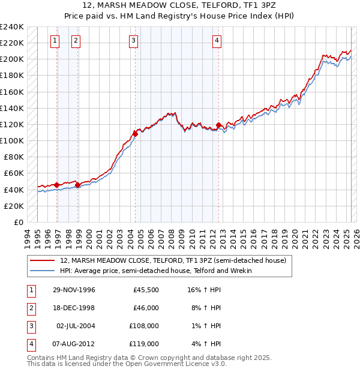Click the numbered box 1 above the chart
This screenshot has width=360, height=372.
click(55, 41)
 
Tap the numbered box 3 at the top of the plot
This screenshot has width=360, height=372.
click(133, 41)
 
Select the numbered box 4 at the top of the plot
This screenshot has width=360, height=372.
click(217, 41)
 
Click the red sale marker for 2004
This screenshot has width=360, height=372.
click(135, 134)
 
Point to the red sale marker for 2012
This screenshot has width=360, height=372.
click(218, 125)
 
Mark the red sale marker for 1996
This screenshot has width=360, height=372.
click(57, 185)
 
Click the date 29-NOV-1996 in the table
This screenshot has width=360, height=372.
click(74, 290)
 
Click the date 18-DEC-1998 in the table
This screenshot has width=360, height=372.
click(74, 308)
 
